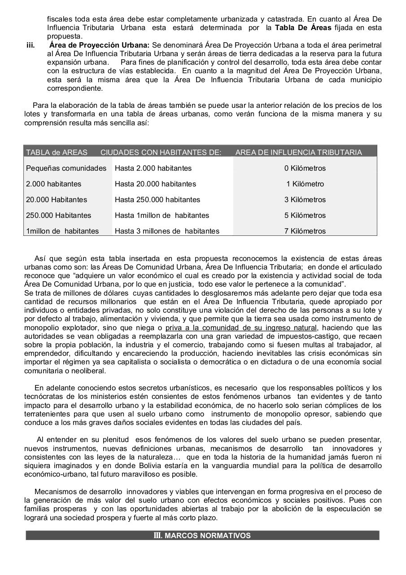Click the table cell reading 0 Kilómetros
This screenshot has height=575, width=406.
coord(305,168)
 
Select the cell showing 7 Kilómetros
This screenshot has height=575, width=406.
coord(305,231)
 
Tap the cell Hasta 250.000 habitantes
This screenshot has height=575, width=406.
coord(157,199)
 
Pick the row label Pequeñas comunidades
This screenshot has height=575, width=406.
coord(66,168)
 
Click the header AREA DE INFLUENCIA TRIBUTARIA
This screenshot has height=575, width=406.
coord(298,152)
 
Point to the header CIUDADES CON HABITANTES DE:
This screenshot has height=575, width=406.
coord(161,152)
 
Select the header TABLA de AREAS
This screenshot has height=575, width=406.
coord(57,152)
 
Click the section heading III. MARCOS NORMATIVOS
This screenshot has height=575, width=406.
coord(202,535)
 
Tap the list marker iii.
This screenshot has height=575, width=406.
coord(31,45)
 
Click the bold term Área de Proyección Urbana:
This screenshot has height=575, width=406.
coord(100,45)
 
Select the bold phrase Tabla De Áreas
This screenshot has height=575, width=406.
coord(303,28)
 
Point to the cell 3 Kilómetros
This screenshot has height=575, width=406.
coord(305,199)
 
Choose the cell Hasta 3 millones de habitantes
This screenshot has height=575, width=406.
coord(167,231)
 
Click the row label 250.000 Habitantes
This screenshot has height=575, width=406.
coord(58,215)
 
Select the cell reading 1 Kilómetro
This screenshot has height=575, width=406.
coord(305,184)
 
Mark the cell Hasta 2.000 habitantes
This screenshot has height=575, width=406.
coord(153,168)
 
